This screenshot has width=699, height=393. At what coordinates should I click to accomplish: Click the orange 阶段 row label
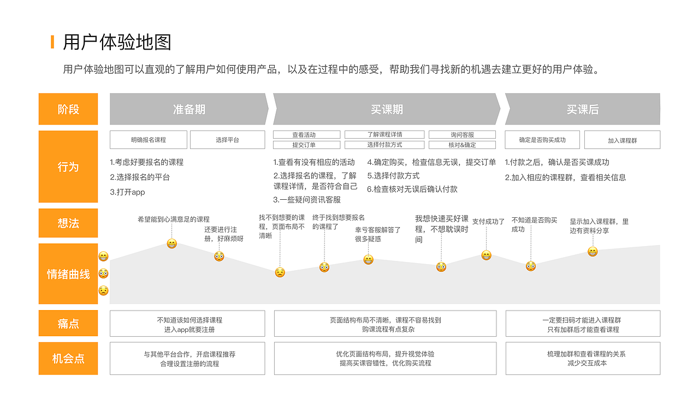[68, 109]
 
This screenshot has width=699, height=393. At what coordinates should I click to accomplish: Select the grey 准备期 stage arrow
[189, 109]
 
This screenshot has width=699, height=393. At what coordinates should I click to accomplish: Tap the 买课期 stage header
[387, 109]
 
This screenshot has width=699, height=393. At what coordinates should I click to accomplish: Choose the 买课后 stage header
[582, 109]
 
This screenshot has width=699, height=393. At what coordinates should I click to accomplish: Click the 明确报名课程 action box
[149, 140]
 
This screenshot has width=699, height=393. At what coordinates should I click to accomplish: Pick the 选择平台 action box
[227, 140]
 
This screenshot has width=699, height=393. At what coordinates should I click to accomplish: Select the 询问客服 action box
[462, 135]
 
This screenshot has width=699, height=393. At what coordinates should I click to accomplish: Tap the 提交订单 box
[307, 145]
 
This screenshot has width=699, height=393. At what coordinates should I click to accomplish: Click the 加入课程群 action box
[622, 140]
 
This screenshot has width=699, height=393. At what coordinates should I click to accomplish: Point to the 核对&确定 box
[462, 145]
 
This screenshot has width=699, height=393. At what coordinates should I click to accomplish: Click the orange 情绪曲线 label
[68, 274]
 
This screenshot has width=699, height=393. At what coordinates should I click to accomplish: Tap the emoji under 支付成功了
[486, 255]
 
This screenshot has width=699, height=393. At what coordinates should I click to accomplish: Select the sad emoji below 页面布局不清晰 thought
[280, 272]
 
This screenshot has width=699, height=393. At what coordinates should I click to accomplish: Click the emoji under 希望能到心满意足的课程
[171, 243]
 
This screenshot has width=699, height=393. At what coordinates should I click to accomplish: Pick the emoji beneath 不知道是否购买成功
[531, 266]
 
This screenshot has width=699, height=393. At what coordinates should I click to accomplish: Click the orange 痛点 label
[68, 324]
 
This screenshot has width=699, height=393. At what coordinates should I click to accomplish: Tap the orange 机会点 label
[68, 359]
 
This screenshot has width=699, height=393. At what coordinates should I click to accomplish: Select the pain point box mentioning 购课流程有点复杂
[385, 324]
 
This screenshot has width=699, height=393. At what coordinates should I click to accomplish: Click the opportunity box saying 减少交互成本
[583, 359]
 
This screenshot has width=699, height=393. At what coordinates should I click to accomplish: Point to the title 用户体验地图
[117, 42]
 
